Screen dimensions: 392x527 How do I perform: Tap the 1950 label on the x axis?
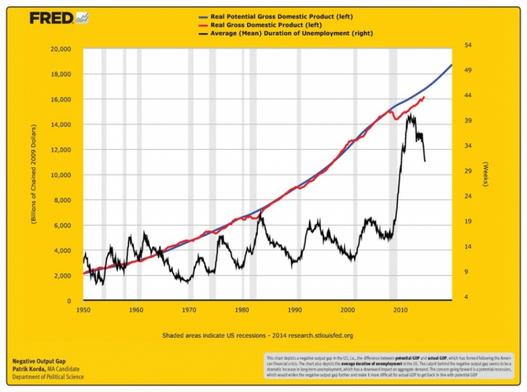(x=83, y=310)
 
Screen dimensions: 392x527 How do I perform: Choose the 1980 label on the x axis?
(x=242, y=310)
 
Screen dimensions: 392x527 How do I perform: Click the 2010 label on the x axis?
(x=400, y=310)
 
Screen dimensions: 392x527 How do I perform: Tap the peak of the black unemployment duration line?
(x=410, y=114)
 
